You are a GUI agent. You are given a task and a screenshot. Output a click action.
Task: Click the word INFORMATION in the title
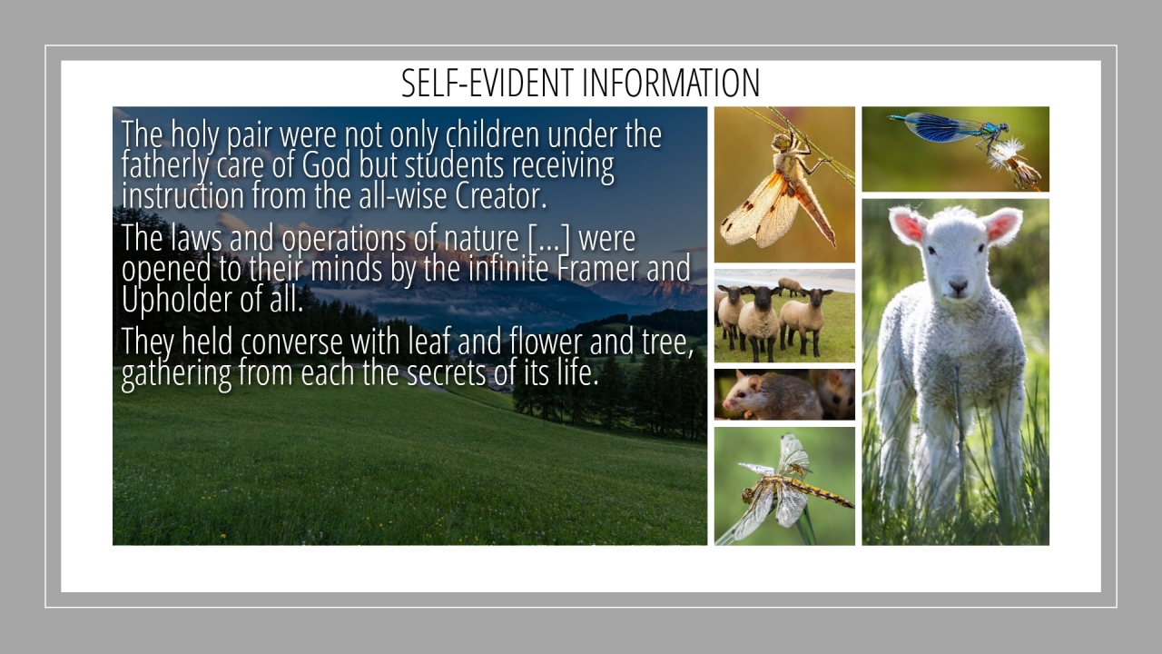pos(671,83)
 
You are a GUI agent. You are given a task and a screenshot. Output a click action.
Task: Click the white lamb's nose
pos(958,286)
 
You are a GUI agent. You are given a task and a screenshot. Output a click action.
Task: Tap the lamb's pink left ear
pos(907,225)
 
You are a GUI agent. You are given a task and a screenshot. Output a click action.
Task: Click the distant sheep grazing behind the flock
pos(790,285)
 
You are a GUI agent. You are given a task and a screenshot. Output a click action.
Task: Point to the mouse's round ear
pos(753,384)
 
